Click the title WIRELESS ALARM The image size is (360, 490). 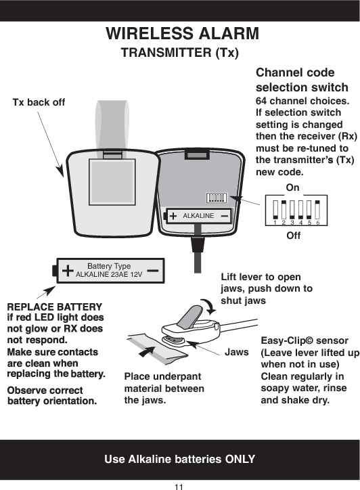[180, 34]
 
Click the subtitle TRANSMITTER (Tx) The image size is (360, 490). [179, 53]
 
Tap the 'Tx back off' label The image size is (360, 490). [39, 102]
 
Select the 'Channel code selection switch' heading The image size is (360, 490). [302, 80]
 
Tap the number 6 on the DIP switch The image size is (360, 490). [317, 222]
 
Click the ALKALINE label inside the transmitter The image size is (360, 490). [198, 215]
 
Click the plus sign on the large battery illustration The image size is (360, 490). [68, 271]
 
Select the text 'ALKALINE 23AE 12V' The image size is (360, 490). [109, 275]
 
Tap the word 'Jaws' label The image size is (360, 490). [237, 353]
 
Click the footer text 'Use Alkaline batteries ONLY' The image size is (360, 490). [179, 460]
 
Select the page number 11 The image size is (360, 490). [179, 485]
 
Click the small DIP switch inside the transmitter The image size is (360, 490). [216, 198]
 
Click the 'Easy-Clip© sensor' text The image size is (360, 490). [304, 340]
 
